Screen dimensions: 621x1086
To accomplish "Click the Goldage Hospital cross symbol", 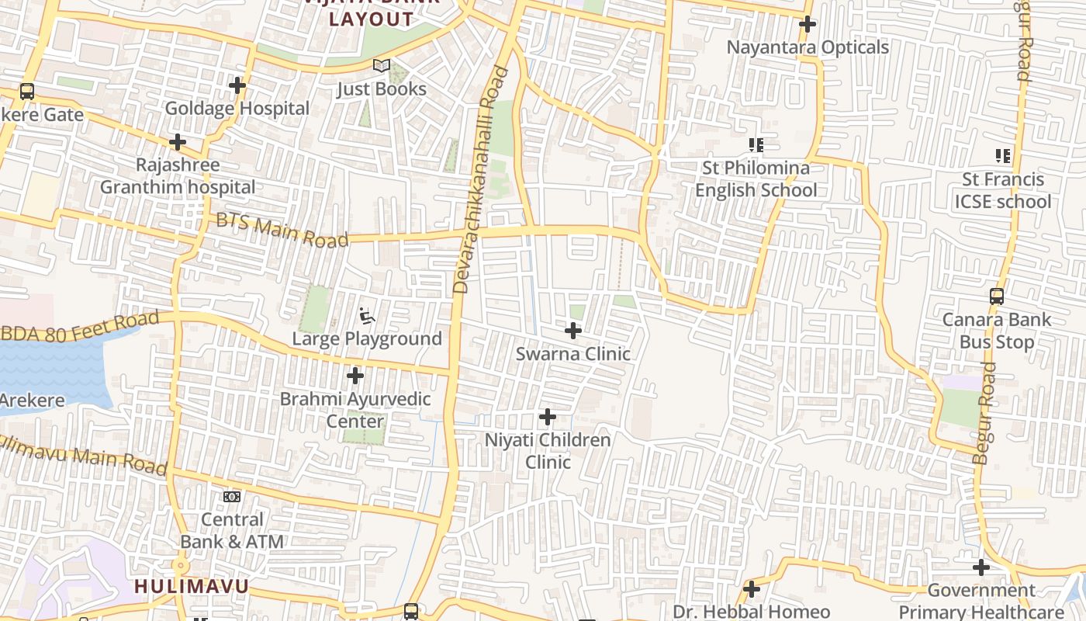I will pos(237,85).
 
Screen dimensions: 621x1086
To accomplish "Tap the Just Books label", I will pos(382,89).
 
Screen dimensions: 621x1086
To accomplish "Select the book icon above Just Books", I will pos(381,66).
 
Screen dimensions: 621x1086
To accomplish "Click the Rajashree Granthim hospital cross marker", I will pos(178,142).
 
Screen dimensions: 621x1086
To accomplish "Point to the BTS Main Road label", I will pos(282,231).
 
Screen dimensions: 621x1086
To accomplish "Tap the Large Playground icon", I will pos(367,316).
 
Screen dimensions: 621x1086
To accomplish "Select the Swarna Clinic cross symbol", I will pos(573,331).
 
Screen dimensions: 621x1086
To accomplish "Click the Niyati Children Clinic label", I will pos(548,451).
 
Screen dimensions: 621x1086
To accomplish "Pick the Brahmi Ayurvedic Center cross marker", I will pos(355,376).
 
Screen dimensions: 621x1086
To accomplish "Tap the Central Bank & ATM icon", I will pos(232,497).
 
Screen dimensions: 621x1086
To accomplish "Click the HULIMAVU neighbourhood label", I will pos(192,586).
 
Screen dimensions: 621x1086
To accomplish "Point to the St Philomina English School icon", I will pos(756,145).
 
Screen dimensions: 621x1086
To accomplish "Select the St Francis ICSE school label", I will pos(1006,191).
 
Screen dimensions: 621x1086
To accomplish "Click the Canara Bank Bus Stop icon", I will pos(997,297).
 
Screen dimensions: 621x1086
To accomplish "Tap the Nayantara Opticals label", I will pos(808,47).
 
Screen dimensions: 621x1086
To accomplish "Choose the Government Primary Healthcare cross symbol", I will pos(981,567).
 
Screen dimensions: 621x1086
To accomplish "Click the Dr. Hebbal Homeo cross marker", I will pos(751,589).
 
